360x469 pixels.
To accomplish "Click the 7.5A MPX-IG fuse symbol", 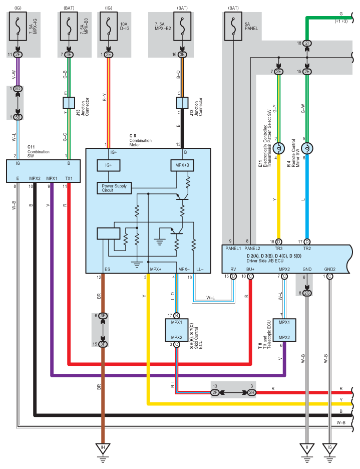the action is click(18, 27).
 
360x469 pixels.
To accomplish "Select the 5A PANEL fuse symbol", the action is click(233, 27).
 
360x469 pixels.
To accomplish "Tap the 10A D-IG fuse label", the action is click(124, 27).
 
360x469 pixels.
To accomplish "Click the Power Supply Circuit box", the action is click(114, 188).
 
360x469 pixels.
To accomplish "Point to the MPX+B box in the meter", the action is click(182, 165).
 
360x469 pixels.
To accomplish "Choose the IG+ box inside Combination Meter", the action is click(109, 165).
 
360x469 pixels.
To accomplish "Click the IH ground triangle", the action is click(103, 448).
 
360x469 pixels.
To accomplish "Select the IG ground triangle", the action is click(329, 448).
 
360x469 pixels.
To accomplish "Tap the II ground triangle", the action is click(307, 448).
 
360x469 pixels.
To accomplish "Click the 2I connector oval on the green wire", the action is click(307, 44).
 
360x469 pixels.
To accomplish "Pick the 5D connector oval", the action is click(18, 89).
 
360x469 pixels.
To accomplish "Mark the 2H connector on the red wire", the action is click(252, 392).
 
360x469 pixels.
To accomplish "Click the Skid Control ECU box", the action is click(176, 330).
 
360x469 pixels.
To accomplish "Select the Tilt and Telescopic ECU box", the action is click(284, 330).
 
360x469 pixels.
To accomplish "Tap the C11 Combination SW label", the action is click(38, 151).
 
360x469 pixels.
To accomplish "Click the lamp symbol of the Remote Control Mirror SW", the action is click(307, 148).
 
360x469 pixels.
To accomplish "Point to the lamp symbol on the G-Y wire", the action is click(279, 148).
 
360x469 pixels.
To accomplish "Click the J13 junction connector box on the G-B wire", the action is click(69, 103).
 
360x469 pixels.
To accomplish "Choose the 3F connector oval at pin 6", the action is click(103, 316).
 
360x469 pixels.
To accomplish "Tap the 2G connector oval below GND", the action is click(307, 293).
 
